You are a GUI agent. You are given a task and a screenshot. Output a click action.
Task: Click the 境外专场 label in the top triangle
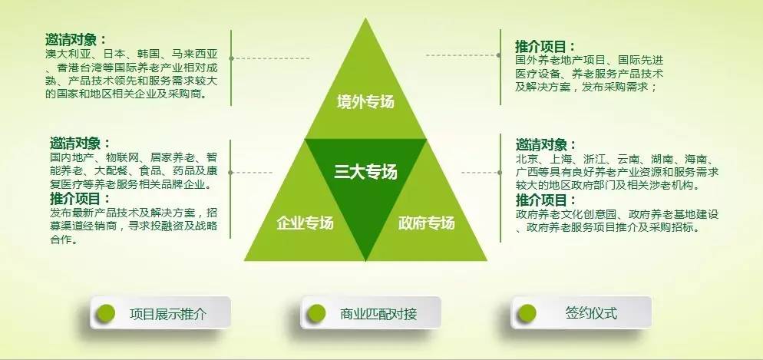(x=365, y=101)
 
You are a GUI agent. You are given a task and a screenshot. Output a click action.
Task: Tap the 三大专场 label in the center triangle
(x=365, y=172)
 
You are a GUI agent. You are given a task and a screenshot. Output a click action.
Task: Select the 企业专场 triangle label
(x=305, y=223)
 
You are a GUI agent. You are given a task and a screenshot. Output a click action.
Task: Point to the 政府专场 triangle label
(x=426, y=223)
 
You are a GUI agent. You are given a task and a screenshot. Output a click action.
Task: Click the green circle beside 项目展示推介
(x=106, y=313)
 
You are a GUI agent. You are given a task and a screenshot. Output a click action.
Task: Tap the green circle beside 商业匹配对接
(x=316, y=313)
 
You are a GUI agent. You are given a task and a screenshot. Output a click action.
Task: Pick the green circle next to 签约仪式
(x=527, y=313)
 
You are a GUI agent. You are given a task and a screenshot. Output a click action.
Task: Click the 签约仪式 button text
(x=591, y=313)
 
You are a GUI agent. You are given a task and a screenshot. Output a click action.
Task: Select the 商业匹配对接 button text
(x=378, y=314)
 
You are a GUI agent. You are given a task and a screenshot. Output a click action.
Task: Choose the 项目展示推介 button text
(x=168, y=314)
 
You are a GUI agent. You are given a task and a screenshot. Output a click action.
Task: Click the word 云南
(x=628, y=159)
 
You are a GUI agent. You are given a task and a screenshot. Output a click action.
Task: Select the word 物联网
(x=124, y=158)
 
